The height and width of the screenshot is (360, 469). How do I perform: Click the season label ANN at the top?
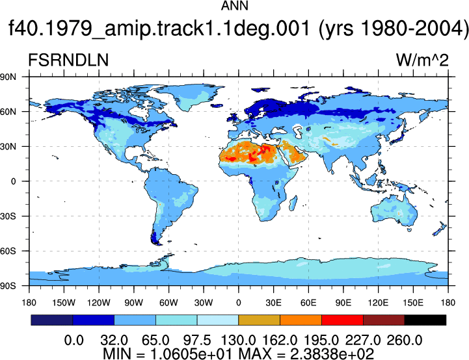(234, 6)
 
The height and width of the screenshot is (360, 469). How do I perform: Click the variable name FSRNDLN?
(68, 60)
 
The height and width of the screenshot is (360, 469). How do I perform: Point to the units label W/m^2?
(422, 60)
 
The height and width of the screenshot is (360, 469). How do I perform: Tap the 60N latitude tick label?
(8, 112)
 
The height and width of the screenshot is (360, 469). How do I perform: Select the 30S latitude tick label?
(8, 216)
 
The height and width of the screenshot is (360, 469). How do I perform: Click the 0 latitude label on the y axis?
(13, 181)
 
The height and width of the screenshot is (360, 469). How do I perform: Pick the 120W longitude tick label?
(99, 303)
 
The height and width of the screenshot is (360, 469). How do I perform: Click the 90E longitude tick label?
(343, 303)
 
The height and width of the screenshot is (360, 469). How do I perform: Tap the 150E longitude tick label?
(413, 303)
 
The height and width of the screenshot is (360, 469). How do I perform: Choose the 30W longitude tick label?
(204, 303)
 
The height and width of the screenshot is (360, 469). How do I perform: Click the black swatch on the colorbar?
(425, 320)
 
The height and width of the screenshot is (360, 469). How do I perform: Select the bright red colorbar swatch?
(342, 320)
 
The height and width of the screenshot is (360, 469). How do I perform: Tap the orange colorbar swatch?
(301, 320)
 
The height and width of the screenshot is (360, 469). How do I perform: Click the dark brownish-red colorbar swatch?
(384, 320)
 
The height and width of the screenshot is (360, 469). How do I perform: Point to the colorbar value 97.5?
(197, 341)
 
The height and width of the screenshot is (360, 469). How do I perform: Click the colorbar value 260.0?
(405, 341)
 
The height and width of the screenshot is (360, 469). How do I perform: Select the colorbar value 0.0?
(74, 341)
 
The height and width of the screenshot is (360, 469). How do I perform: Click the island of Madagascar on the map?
(293, 203)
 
